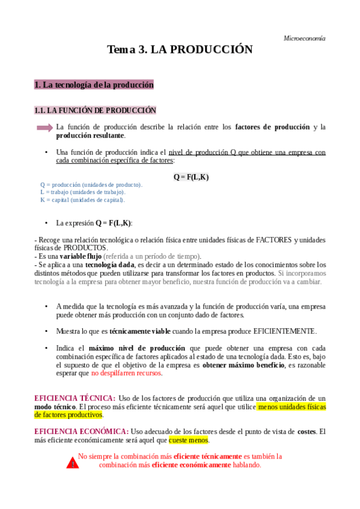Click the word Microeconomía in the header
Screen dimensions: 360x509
[304, 38]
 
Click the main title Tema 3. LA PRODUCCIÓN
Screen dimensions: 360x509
[180, 50]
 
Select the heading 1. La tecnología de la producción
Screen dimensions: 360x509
[94, 85]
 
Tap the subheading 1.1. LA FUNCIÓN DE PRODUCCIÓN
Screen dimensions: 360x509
[95, 110]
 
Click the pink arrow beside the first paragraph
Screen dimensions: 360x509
[44, 127]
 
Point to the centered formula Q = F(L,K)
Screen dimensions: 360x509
[191, 177]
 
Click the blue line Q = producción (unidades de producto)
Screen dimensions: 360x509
[91, 185]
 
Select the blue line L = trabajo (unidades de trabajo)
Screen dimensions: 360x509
[83, 192]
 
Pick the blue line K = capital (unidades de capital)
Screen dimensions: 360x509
[83, 200]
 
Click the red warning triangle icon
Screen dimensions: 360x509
[72, 463]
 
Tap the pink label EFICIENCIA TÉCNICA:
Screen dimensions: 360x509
[75, 399]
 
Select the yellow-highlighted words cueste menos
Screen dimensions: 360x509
[188, 440]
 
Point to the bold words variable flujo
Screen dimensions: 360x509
[81, 256]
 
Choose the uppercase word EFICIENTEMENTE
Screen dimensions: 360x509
[284, 331]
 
